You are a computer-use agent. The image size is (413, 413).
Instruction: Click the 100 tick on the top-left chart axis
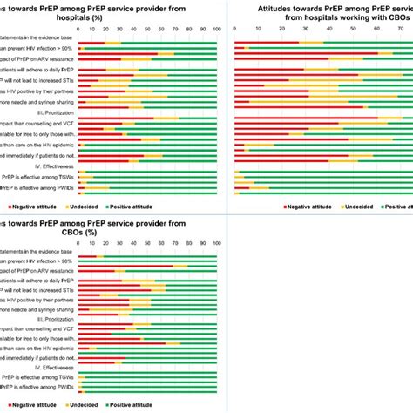click(x=215, y=29)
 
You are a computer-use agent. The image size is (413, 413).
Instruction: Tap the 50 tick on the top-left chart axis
click(x=146, y=29)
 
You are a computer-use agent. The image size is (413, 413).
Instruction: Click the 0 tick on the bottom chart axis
click(x=78, y=249)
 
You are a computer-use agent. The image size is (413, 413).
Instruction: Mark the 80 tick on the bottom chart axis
click(x=187, y=249)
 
